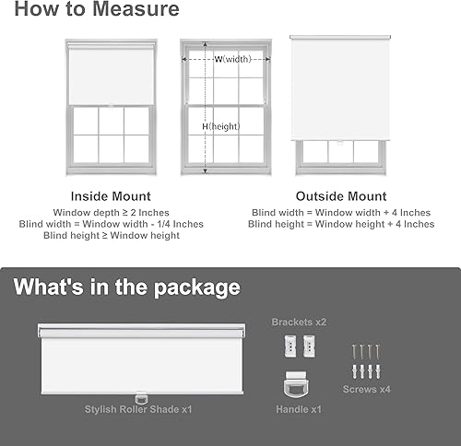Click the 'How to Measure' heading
pos(97,12)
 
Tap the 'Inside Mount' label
pos(111,196)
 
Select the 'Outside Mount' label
pos(340,196)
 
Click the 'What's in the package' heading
pos(126,287)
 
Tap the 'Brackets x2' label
pos(299,322)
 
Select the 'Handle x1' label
pos(299,408)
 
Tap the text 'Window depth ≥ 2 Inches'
pos(111,212)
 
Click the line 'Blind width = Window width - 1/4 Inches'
pos(111,224)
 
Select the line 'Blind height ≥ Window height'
pos(111,236)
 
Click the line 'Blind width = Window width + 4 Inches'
pos(340,212)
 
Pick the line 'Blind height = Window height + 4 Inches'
pos(340,224)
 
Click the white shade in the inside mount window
pos(111,76)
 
